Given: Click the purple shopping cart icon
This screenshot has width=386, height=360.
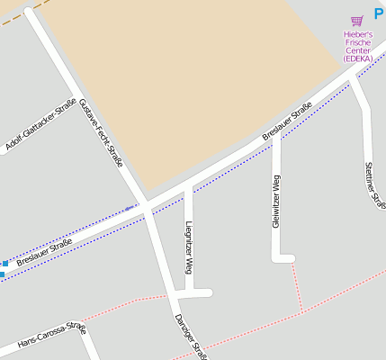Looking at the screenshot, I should point(357,21).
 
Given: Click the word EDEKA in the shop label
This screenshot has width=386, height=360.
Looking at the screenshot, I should point(357,58).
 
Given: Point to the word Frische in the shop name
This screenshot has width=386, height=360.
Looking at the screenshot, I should point(357,42).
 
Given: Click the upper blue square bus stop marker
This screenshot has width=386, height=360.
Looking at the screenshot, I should point(5,264).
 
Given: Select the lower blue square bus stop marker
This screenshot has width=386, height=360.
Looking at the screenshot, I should point(2,274).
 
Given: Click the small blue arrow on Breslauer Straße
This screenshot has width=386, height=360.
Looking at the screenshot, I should point(129,208).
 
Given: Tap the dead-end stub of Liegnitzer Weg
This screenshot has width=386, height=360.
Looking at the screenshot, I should point(207,292).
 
